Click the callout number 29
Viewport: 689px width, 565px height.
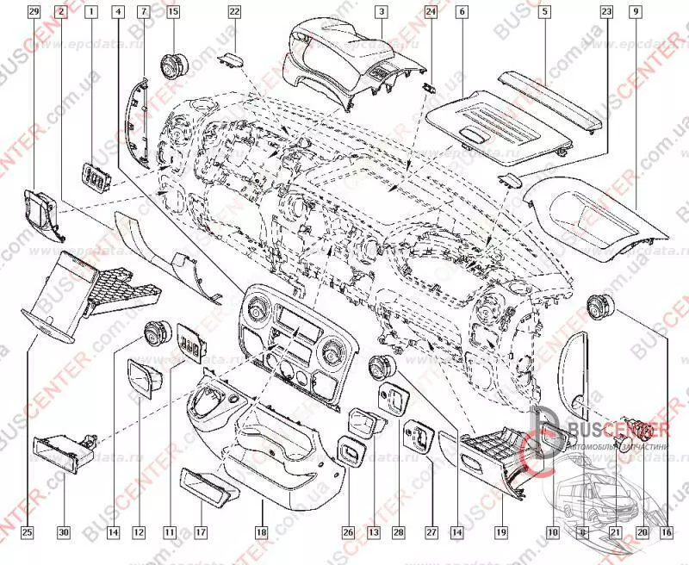tap(34, 12)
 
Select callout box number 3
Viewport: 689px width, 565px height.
tap(379, 12)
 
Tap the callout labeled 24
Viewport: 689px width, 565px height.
tap(431, 12)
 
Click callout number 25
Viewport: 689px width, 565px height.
tap(28, 532)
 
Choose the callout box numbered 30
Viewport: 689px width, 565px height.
tap(63, 532)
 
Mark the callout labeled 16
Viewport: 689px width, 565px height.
tap(665, 532)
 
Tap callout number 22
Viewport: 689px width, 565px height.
tap(234, 12)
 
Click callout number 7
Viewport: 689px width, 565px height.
tap(144, 12)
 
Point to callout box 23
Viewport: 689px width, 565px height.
tap(605, 12)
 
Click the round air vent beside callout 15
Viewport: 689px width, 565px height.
tap(172, 64)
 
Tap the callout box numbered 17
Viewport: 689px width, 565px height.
tap(200, 532)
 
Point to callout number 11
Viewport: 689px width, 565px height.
tap(168, 532)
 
